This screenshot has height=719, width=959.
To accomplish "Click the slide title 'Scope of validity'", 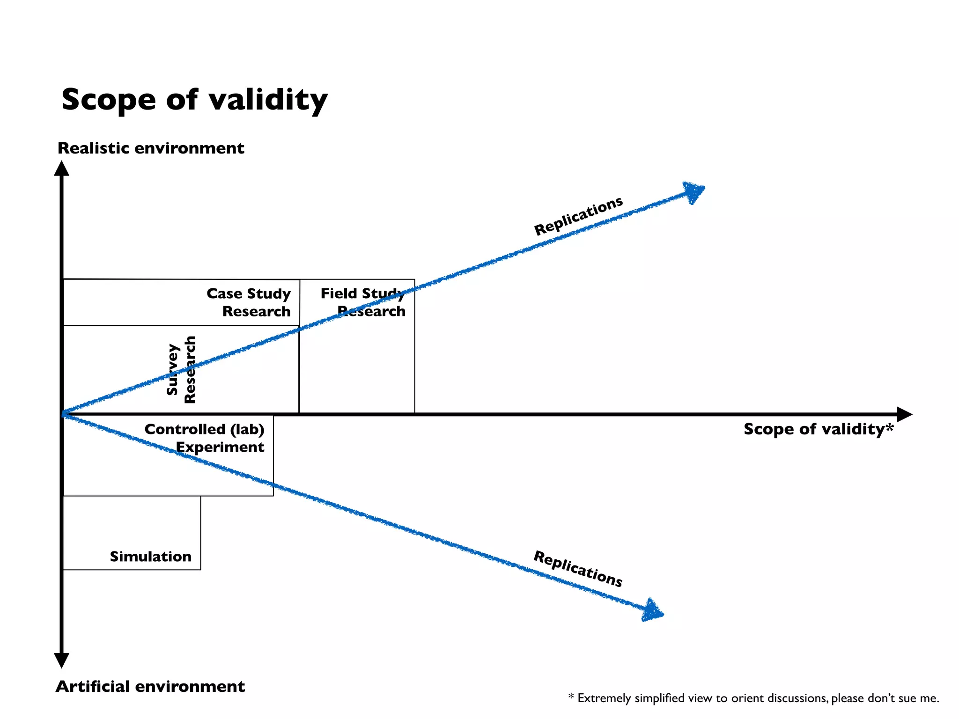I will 194,100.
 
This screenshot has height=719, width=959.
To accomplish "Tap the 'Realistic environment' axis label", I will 151,148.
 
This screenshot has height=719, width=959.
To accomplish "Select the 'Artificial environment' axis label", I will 150,686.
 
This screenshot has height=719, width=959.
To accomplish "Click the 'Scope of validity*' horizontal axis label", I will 819,429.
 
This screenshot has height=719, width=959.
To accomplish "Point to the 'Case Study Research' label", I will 249,302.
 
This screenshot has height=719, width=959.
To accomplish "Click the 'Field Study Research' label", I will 363,302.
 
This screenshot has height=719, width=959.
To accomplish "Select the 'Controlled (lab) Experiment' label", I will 205,438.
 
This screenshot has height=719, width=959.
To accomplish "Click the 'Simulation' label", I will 151,557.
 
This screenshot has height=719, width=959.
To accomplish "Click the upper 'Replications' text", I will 578,216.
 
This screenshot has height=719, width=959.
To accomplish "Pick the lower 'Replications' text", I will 578,569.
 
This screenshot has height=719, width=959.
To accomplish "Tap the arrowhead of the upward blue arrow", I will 694,191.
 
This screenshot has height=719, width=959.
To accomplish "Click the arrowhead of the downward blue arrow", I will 652,610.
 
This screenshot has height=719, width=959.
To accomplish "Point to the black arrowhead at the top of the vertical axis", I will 61,169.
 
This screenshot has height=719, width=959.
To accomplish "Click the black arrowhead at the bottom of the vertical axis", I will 61,660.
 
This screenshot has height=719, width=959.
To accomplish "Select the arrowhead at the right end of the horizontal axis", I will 904,414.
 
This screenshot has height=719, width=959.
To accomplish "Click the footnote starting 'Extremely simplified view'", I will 754,698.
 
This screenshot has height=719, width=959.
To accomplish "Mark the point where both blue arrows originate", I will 64,414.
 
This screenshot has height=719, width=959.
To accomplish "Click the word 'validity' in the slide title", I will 268,100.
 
